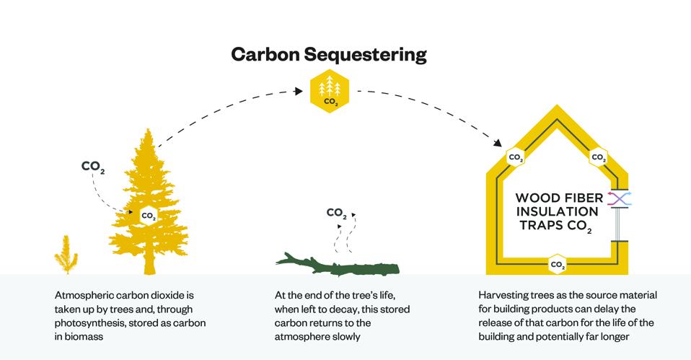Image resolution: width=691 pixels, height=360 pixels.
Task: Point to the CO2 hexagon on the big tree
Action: tap(149, 215)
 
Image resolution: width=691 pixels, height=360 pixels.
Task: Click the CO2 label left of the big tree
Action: tap(93, 167)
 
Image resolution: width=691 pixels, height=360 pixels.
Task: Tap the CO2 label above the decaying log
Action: tap(336, 213)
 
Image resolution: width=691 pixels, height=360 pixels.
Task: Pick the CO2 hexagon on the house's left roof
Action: tap(516, 157)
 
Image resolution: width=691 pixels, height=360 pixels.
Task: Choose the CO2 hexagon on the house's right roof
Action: tap(598, 157)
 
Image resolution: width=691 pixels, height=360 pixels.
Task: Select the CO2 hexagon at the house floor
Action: tap(557, 264)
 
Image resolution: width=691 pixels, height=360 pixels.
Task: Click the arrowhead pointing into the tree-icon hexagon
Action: tap(298, 90)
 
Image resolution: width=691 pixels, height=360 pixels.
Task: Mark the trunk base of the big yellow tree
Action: tap(149, 270)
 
